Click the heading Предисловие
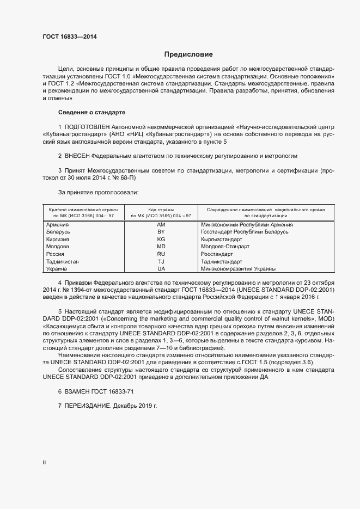click(x=188, y=54)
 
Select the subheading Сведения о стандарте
click(x=91, y=112)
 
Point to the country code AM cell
click(x=161, y=225)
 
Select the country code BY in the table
click(x=161, y=232)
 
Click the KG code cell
click(x=161, y=240)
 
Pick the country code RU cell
click(x=161, y=254)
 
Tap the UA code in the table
click(x=161, y=269)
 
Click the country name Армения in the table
click(x=58, y=225)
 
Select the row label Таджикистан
click(x=63, y=262)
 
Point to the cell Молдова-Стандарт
click(x=225, y=247)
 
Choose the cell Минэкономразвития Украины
click(x=238, y=269)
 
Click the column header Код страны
click(x=161, y=209)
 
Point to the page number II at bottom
click(x=44, y=463)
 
